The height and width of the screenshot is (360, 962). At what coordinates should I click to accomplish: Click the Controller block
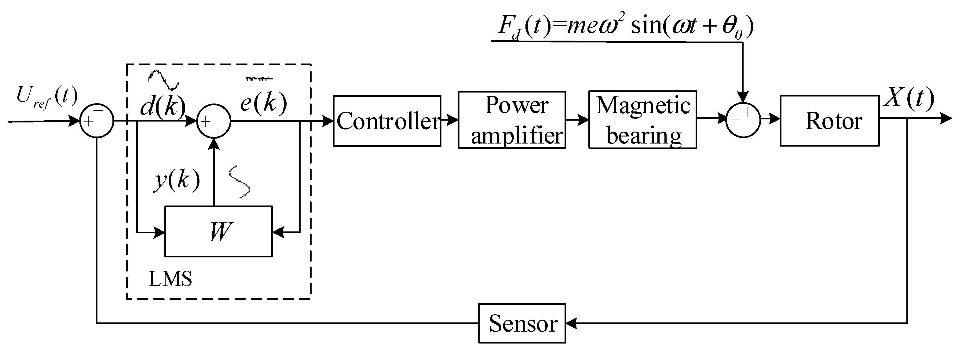click(387, 121)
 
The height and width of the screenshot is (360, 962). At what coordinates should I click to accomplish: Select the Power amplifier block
click(512, 120)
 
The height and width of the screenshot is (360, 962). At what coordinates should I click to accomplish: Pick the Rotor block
click(829, 121)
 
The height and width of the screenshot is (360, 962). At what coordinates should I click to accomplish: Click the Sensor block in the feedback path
click(522, 323)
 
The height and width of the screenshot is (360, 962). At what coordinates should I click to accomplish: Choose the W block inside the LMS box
click(219, 231)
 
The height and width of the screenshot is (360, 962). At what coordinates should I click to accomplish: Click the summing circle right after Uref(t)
click(97, 121)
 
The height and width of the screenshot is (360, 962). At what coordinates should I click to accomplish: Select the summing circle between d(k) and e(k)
click(214, 121)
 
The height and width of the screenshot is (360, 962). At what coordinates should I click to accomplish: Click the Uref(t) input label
click(47, 97)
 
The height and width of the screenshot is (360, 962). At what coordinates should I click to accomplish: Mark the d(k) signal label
click(163, 107)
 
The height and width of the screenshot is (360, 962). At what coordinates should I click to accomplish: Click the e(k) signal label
click(264, 103)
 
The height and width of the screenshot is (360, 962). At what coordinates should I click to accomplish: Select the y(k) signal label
click(177, 180)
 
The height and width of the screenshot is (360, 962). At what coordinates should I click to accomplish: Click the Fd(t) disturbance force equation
click(626, 26)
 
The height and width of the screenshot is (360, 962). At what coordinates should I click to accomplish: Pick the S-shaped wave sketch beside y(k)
click(239, 181)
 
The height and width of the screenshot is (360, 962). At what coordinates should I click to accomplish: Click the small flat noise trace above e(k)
click(259, 79)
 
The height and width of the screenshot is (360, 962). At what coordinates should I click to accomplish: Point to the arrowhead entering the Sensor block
click(571, 323)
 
